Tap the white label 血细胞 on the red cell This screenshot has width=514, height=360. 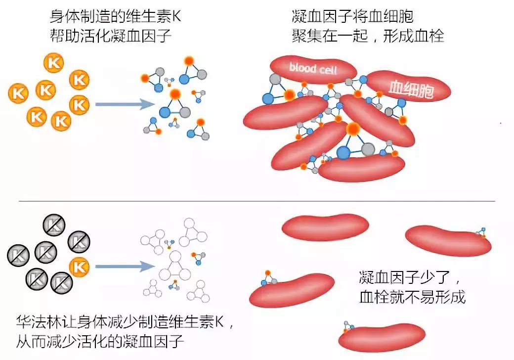tap(409, 89)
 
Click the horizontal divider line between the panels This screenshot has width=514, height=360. tap(257, 201)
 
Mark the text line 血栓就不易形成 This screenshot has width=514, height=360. tap(412, 297)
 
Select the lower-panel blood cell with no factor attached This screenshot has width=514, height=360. tap(325, 227)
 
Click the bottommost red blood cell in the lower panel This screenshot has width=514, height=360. tap(382, 336)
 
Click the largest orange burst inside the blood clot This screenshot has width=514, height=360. tap(353, 130)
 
